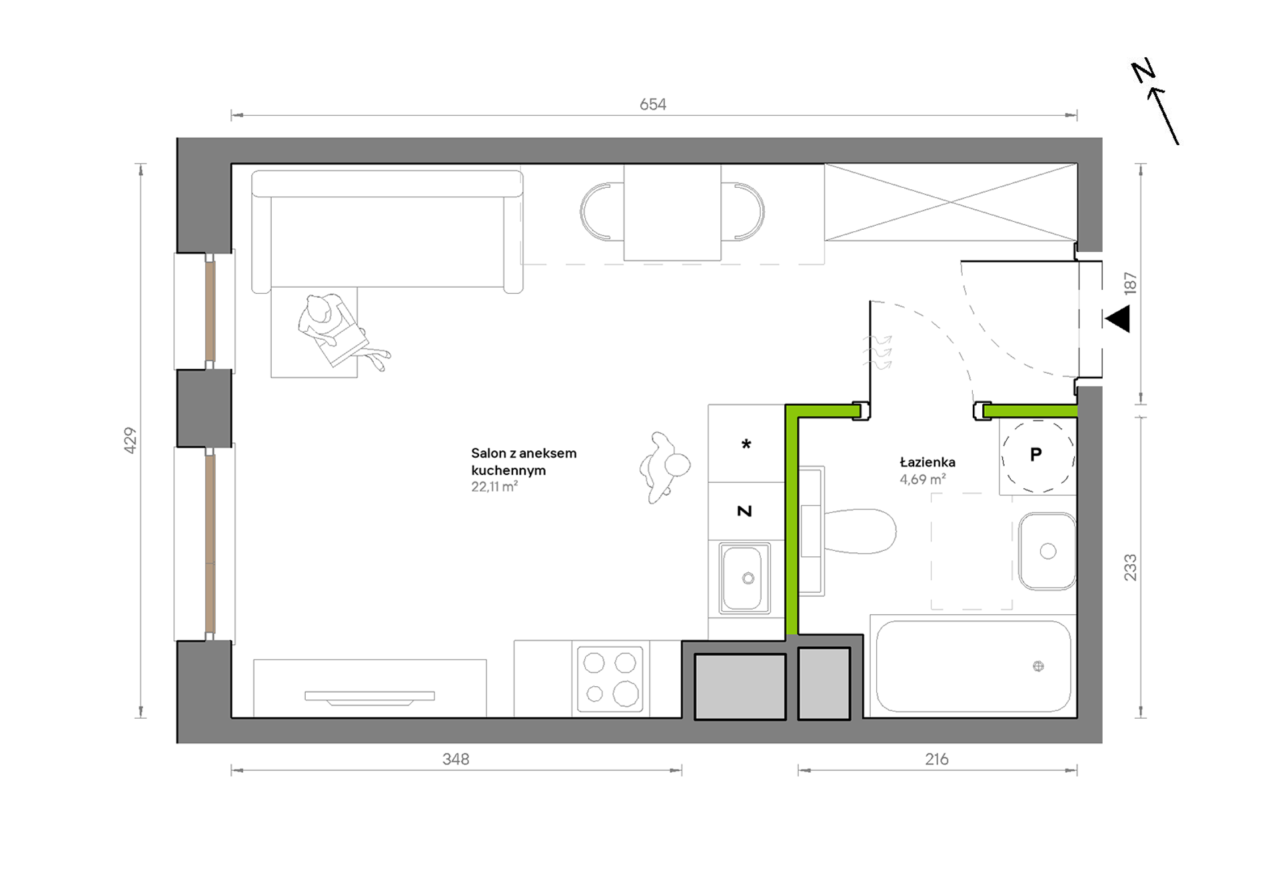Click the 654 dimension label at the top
point(652,105)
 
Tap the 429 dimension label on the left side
point(130,440)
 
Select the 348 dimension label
point(456,759)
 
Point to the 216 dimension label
point(937,759)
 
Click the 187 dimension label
point(1130,283)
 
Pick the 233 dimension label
point(1130,568)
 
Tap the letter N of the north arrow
point(1143,71)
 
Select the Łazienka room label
point(928,462)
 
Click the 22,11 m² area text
point(494,487)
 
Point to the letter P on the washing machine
point(1035,454)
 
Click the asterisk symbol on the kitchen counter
point(746,444)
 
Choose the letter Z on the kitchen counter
point(744,511)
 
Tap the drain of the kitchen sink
point(748,578)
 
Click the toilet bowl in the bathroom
point(860,531)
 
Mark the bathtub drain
point(1038,666)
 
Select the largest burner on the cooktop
point(626,693)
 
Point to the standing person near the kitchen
point(664,467)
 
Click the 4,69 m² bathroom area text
point(923,479)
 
